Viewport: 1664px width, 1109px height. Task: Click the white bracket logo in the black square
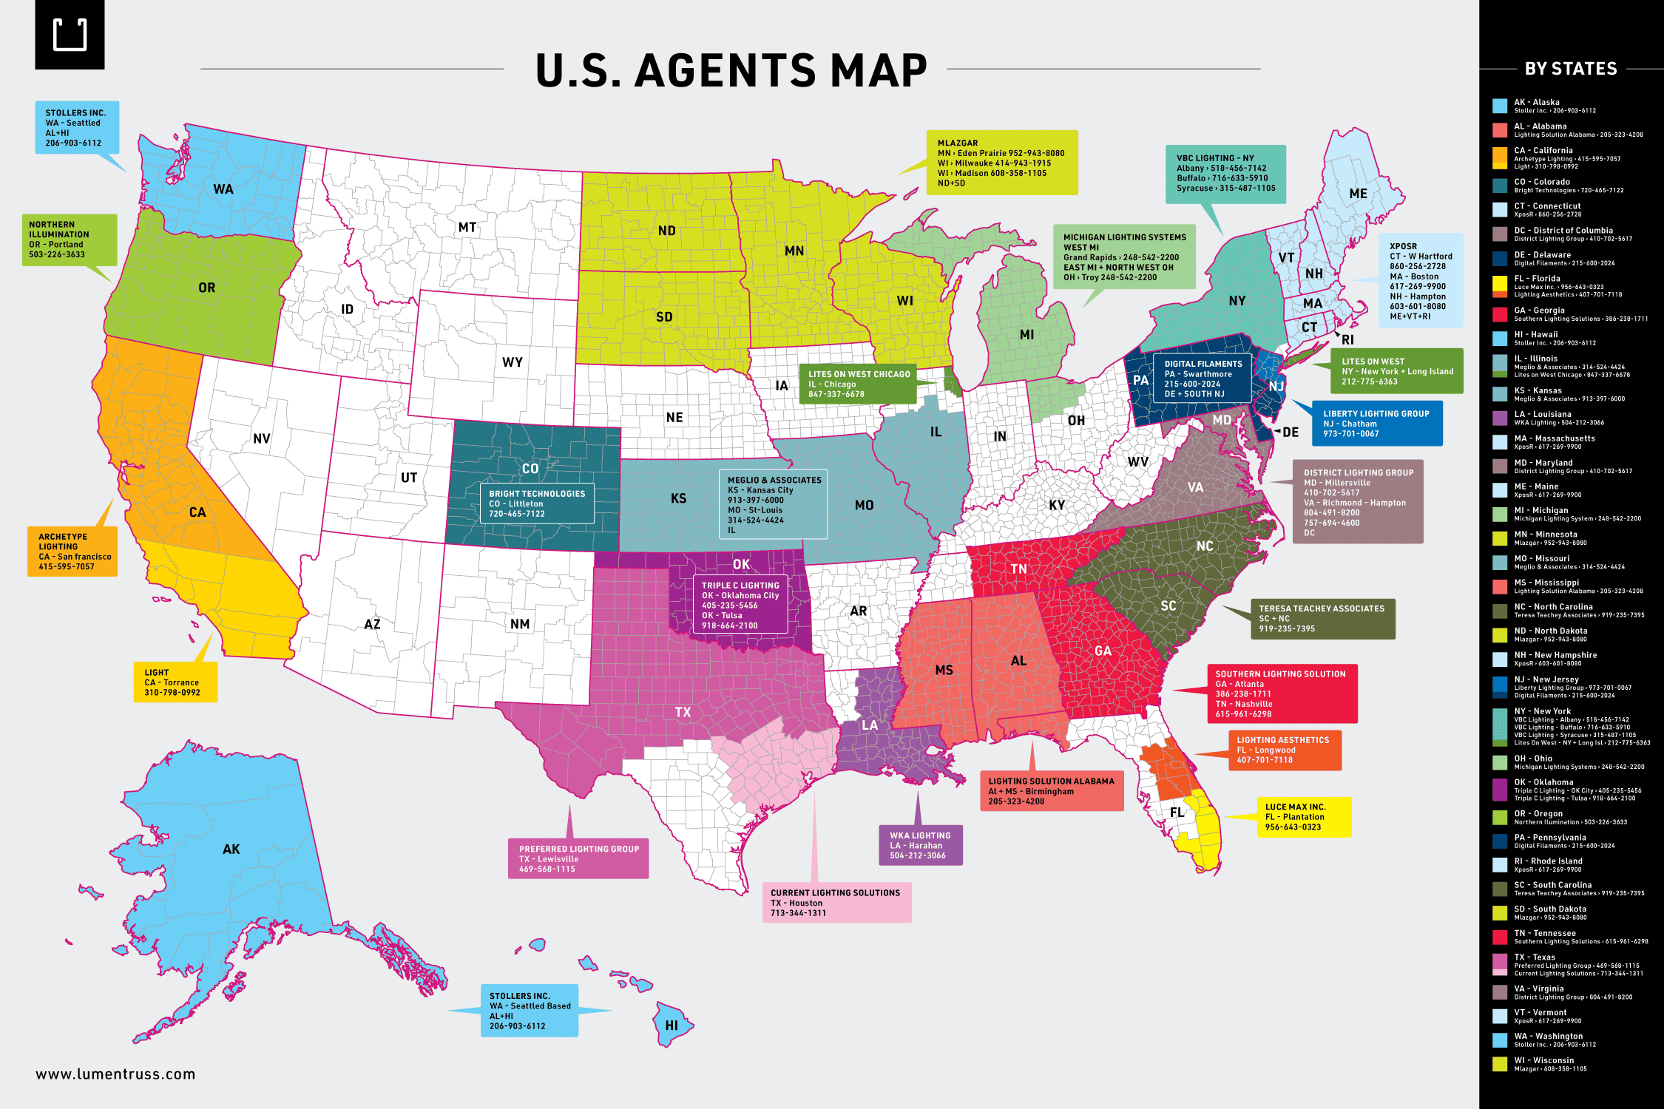70,35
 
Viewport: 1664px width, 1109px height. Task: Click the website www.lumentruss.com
115,1074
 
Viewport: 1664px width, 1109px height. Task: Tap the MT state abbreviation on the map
467,227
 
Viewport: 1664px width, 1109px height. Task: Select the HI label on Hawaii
672,1025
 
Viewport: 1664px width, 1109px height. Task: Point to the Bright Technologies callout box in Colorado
537,503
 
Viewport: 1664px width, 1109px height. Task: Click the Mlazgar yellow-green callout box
1001,163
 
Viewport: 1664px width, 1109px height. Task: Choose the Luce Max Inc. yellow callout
1303,817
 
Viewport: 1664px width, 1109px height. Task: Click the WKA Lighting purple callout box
921,845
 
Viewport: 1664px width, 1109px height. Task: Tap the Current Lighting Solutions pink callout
836,903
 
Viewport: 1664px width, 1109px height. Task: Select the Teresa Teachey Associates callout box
1322,619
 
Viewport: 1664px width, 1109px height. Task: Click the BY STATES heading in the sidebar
1571,69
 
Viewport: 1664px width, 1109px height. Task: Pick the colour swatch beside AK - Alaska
1500,106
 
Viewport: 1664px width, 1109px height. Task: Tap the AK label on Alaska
231,849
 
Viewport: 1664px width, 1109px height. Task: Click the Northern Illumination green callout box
68,240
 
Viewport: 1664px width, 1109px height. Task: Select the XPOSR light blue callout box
1421,281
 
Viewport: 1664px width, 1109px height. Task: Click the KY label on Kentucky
1057,505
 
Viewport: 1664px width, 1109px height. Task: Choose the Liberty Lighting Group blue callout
1376,424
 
